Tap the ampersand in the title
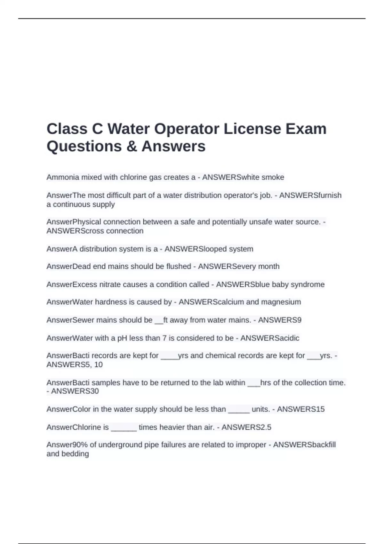(x=131, y=147)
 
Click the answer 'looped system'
(x=226, y=249)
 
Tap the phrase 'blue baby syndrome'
(x=288, y=284)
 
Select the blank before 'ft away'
(x=159, y=320)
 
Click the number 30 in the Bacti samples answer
(x=94, y=391)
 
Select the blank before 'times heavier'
(x=124, y=428)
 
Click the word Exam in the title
(x=306, y=129)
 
